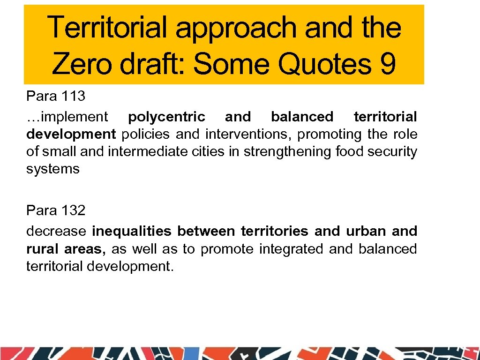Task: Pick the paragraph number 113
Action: click(73, 96)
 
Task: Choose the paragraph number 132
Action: click(73, 210)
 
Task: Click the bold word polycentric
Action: click(166, 117)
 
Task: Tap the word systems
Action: click(53, 169)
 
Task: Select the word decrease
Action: click(56, 231)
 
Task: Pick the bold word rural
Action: click(43, 249)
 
